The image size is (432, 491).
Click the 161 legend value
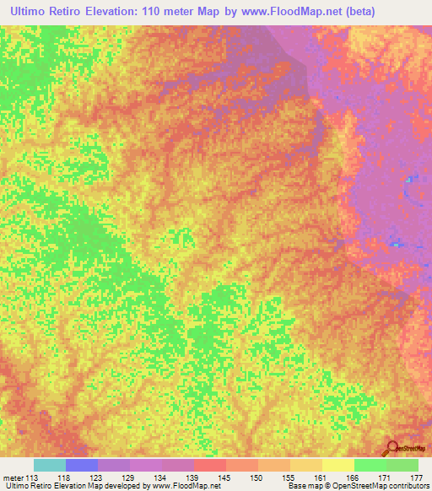321,478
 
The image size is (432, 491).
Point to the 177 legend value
416,478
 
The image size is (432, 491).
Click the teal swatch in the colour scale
50,465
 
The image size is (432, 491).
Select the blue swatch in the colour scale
82,465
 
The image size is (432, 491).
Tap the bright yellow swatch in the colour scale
338,465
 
